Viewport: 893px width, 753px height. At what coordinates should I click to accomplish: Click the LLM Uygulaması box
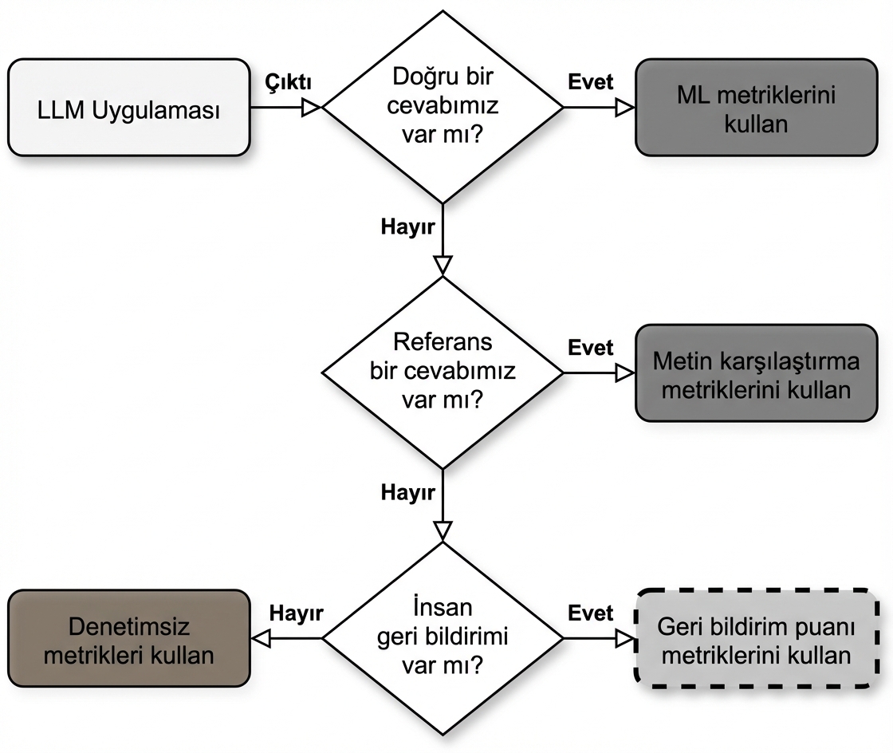(x=128, y=108)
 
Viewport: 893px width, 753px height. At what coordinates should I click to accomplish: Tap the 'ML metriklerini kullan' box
(x=756, y=108)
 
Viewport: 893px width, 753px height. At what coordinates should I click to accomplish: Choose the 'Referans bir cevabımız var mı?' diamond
(x=442, y=372)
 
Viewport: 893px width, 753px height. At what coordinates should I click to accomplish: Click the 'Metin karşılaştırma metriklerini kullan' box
(x=756, y=373)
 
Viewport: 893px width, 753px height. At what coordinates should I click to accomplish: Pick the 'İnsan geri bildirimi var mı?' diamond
(x=442, y=638)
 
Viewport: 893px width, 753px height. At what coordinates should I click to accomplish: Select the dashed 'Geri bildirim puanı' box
(x=756, y=638)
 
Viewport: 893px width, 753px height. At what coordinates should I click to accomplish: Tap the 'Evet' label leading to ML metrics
(x=591, y=82)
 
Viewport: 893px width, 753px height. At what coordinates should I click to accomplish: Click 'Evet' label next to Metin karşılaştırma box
(x=591, y=348)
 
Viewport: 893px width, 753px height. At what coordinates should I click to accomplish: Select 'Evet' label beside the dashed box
(x=591, y=613)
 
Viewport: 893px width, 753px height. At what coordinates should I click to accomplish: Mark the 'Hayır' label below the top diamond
(x=407, y=227)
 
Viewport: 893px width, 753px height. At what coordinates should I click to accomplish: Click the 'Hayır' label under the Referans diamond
(x=407, y=492)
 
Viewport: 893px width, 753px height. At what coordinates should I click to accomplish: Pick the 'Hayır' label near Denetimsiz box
(x=296, y=613)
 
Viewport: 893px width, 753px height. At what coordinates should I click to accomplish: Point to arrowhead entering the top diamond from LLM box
(x=311, y=108)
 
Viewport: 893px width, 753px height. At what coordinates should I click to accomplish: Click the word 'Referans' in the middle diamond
(x=443, y=344)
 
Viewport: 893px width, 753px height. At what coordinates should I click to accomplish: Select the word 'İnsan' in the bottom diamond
(x=443, y=609)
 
